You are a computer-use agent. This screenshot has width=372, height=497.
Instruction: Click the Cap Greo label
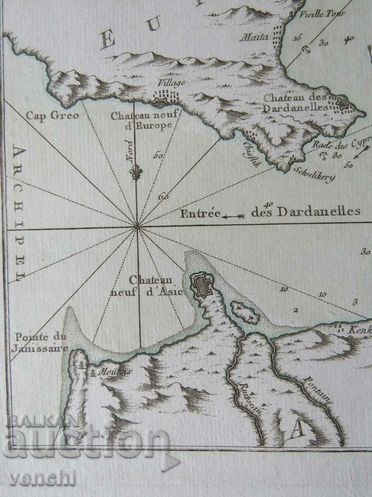click(x=52, y=116)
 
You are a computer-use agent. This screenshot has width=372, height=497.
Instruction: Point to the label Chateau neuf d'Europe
click(x=142, y=121)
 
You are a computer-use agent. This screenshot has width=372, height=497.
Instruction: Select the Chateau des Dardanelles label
click(x=296, y=103)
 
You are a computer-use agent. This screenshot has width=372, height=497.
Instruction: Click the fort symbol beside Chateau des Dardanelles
click(x=343, y=103)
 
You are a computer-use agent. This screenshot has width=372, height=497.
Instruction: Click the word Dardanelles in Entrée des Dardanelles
click(x=318, y=212)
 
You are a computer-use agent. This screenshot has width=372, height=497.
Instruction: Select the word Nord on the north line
click(x=131, y=151)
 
